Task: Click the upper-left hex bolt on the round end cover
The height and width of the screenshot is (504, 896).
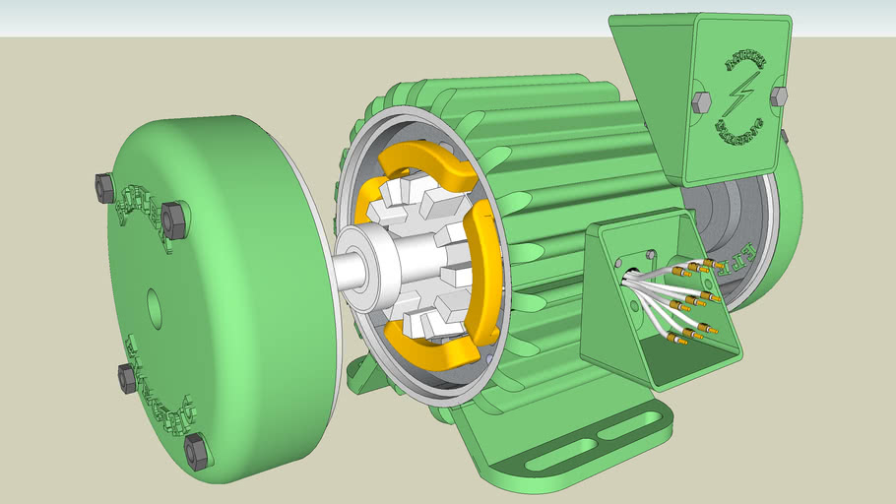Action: [x=104, y=187]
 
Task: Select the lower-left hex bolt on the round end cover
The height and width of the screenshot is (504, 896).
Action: [x=127, y=377]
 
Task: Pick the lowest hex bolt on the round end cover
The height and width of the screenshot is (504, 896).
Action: [x=196, y=451]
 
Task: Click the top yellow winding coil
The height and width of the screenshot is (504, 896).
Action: [x=430, y=164]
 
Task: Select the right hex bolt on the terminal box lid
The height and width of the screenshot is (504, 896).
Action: [x=778, y=95]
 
